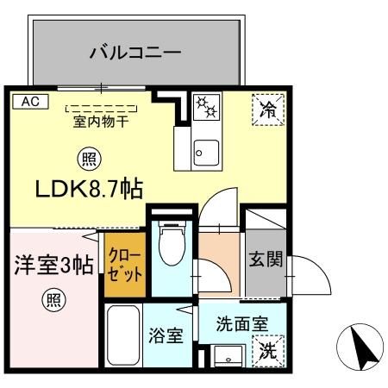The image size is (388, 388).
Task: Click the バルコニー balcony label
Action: point(135,53)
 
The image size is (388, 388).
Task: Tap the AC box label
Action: point(30,101)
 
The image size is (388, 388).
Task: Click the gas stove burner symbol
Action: point(207,108)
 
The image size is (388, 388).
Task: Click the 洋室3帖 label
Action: point(49,263)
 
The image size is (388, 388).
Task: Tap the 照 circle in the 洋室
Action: point(54,301)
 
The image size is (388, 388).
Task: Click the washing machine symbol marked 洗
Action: point(266,352)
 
